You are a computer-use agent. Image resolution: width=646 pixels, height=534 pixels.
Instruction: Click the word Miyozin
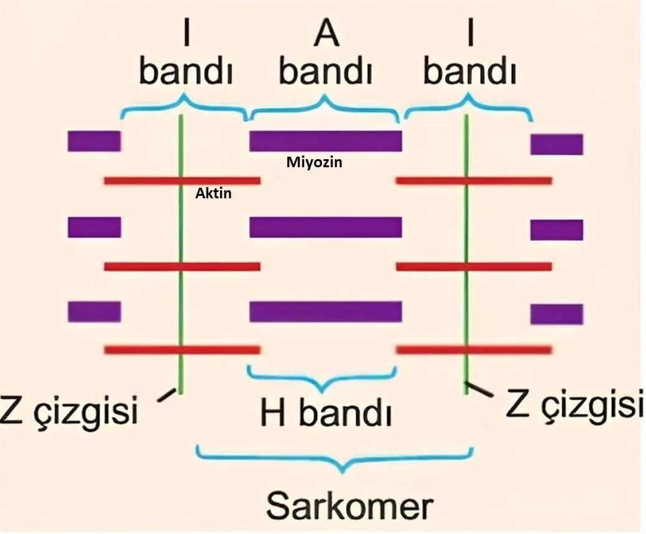coord(315,162)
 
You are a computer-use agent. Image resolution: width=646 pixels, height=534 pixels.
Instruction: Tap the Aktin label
coord(213,193)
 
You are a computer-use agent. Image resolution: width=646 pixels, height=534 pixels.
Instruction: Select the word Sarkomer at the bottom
coord(350,506)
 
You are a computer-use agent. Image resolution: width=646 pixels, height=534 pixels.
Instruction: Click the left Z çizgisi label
coord(68,410)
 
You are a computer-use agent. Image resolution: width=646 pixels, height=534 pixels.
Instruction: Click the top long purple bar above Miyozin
coord(325,141)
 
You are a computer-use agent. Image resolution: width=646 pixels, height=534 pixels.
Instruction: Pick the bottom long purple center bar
coord(325,311)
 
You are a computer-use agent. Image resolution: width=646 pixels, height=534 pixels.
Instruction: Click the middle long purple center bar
coord(325,227)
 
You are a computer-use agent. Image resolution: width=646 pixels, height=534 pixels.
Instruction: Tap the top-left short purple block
coord(95,141)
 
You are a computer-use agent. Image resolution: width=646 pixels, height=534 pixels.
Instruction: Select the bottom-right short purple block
coord(556,315)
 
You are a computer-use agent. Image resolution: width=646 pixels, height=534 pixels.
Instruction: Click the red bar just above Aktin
coord(182,180)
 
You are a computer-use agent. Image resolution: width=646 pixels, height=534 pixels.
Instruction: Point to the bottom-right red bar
coord(474,350)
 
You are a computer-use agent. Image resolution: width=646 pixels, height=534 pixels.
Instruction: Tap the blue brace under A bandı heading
coord(325,108)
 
